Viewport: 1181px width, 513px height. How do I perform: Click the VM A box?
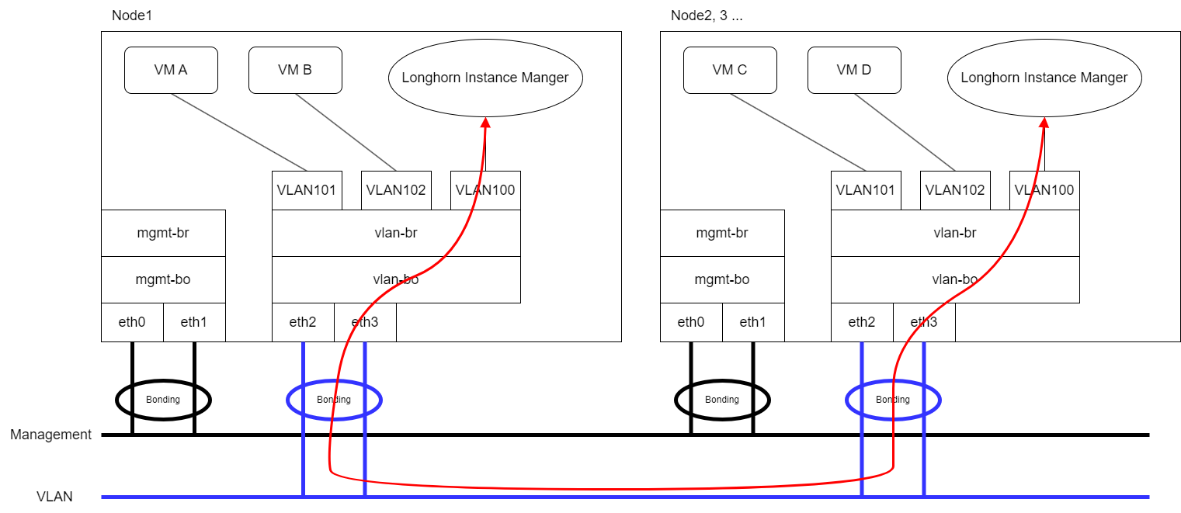click(171, 70)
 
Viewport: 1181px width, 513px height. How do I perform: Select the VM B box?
click(295, 70)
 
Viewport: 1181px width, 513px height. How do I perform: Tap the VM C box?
click(730, 70)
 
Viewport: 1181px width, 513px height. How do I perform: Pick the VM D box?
click(854, 70)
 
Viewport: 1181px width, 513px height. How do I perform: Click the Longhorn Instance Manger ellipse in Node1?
click(485, 78)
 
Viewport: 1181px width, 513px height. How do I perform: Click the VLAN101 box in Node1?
click(307, 190)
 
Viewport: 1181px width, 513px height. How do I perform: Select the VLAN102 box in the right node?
click(955, 190)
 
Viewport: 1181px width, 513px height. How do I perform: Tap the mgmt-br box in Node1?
click(163, 233)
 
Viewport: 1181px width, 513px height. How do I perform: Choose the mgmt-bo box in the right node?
click(722, 279)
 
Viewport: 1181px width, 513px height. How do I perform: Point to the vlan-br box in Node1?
click(396, 233)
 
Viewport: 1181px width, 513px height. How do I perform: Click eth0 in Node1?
click(132, 322)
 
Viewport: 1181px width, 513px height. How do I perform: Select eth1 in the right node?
click(753, 322)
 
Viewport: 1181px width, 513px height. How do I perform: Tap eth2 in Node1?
click(303, 322)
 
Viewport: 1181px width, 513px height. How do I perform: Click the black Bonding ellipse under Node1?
click(163, 400)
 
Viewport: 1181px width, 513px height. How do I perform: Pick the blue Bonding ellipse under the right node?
click(893, 400)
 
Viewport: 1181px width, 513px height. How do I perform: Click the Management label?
click(50, 435)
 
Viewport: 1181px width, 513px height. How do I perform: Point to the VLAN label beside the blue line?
click(54, 497)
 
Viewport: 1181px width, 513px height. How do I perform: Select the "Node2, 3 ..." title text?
click(706, 16)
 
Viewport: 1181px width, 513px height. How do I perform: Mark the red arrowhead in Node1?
click(486, 123)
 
